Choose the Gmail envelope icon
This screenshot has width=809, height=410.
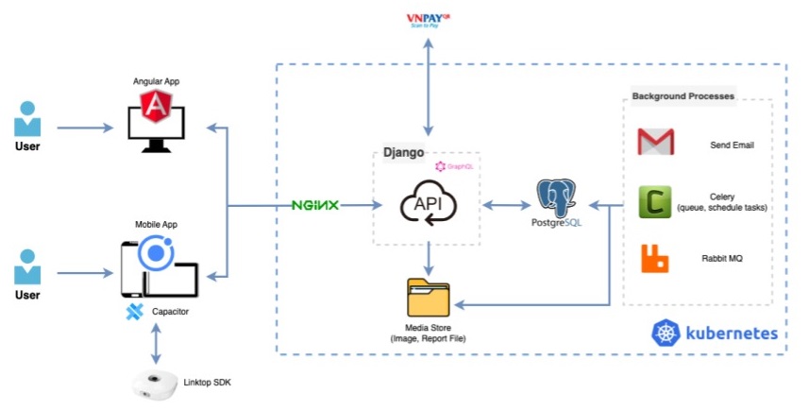pos(655,143)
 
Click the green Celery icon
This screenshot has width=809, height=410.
pos(654,201)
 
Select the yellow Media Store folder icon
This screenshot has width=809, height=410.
pos(429,299)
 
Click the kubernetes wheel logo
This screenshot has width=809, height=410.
pos(666,333)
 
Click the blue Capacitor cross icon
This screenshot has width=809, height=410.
pos(134,312)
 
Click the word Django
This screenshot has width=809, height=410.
pos(403,151)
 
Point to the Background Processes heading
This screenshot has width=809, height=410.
pos(683,96)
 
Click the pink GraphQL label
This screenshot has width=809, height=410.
pos(453,166)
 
